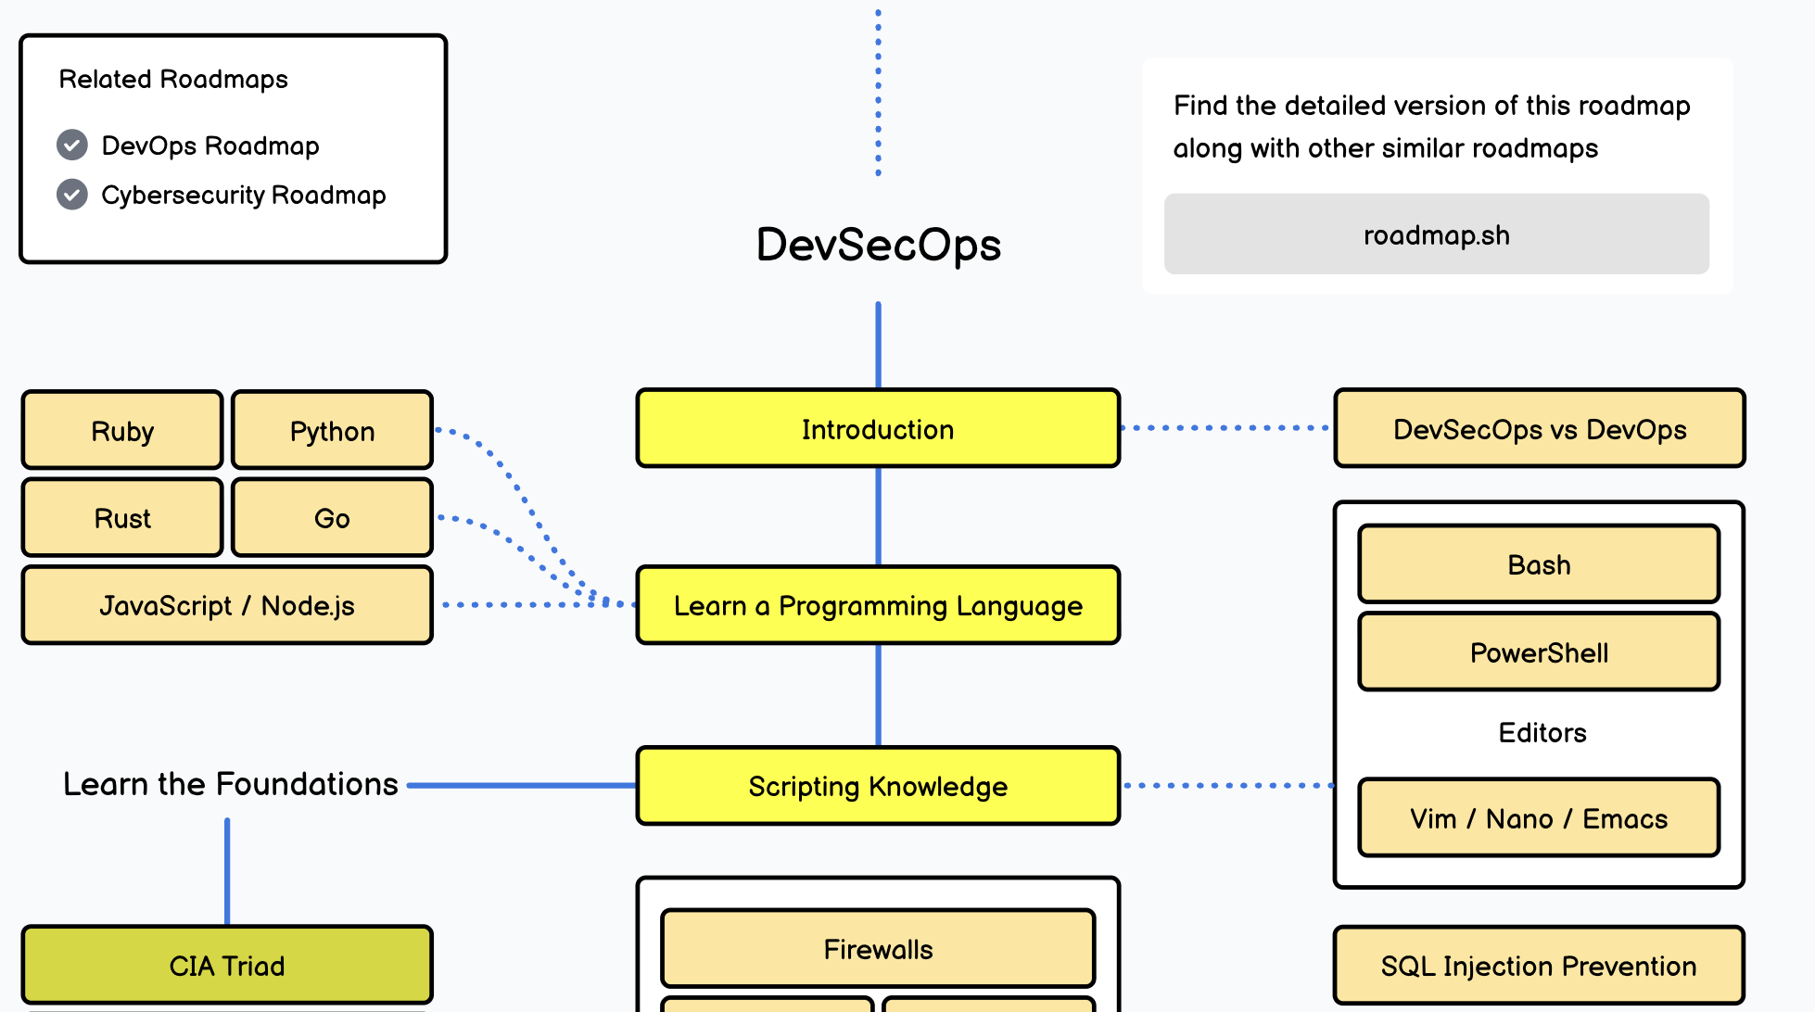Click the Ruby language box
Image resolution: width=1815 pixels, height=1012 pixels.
(x=122, y=430)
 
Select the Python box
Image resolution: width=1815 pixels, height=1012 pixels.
(x=332, y=430)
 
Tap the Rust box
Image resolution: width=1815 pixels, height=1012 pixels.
(x=122, y=517)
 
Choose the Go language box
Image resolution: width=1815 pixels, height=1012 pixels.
(x=332, y=517)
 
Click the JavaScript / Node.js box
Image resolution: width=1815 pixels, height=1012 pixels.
(x=227, y=605)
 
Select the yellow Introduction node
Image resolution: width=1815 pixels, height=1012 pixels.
(x=877, y=428)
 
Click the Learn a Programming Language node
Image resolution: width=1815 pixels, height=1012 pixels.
(x=877, y=605)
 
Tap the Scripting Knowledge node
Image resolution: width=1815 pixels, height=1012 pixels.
(x=877, y=786)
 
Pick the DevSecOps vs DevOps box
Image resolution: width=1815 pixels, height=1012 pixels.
(x=1539, y=428)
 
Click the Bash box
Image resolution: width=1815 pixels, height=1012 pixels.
(x=1539, y=564)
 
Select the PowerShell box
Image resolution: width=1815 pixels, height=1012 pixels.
(x=1539, y=652)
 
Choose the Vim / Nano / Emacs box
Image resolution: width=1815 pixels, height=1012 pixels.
(x=1539, y=818)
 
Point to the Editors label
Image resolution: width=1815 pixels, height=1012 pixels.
(x=1542, y=732)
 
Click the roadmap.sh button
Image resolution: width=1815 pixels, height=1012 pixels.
(x=1436, y=234)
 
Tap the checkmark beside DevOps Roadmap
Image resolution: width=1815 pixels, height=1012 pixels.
(x=72, y=145)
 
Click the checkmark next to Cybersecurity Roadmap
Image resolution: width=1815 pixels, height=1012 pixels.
(x=72, y=195)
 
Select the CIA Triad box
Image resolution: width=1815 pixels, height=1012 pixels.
(x=227, y=965)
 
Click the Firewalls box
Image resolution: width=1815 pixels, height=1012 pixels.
(x=877, y=949)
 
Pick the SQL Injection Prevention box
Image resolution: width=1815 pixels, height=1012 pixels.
(x=1539, y=966)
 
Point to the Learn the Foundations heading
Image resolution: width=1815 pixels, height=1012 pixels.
(x=230, y=784)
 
